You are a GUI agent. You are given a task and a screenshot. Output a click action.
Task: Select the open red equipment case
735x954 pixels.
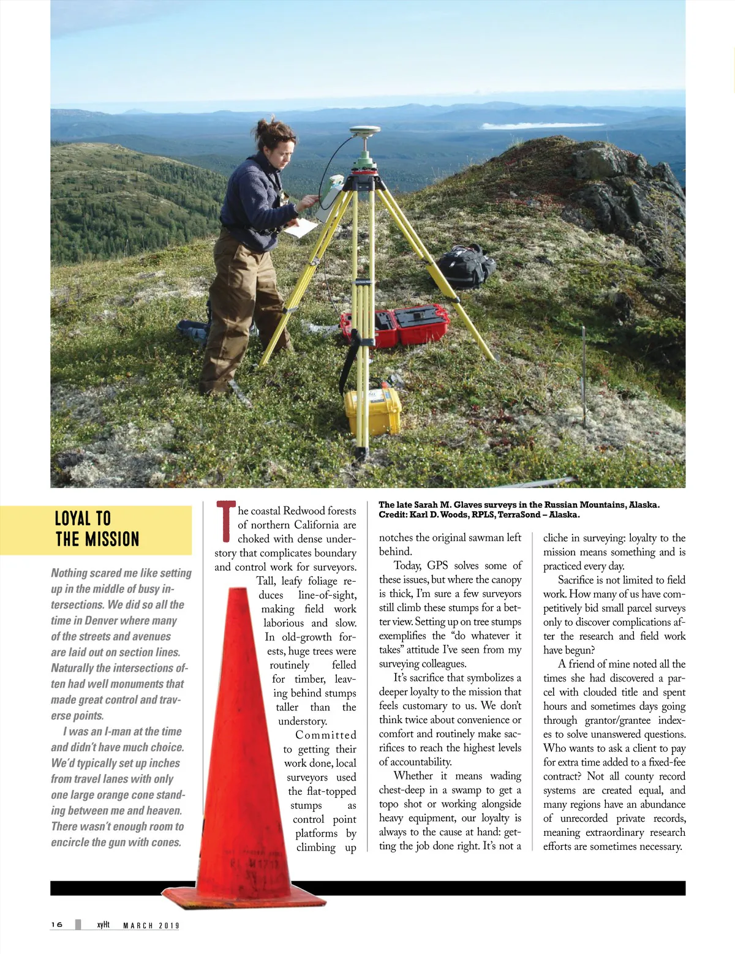395,325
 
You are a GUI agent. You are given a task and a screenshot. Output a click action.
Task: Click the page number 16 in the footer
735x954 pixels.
57,925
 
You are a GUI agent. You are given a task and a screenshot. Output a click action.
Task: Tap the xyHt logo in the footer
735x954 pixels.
103,925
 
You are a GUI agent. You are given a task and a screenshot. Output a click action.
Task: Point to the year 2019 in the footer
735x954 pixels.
169,926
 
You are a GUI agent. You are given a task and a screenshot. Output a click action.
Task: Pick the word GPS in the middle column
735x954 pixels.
437,565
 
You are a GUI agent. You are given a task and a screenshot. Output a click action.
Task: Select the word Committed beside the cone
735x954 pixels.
326,735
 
